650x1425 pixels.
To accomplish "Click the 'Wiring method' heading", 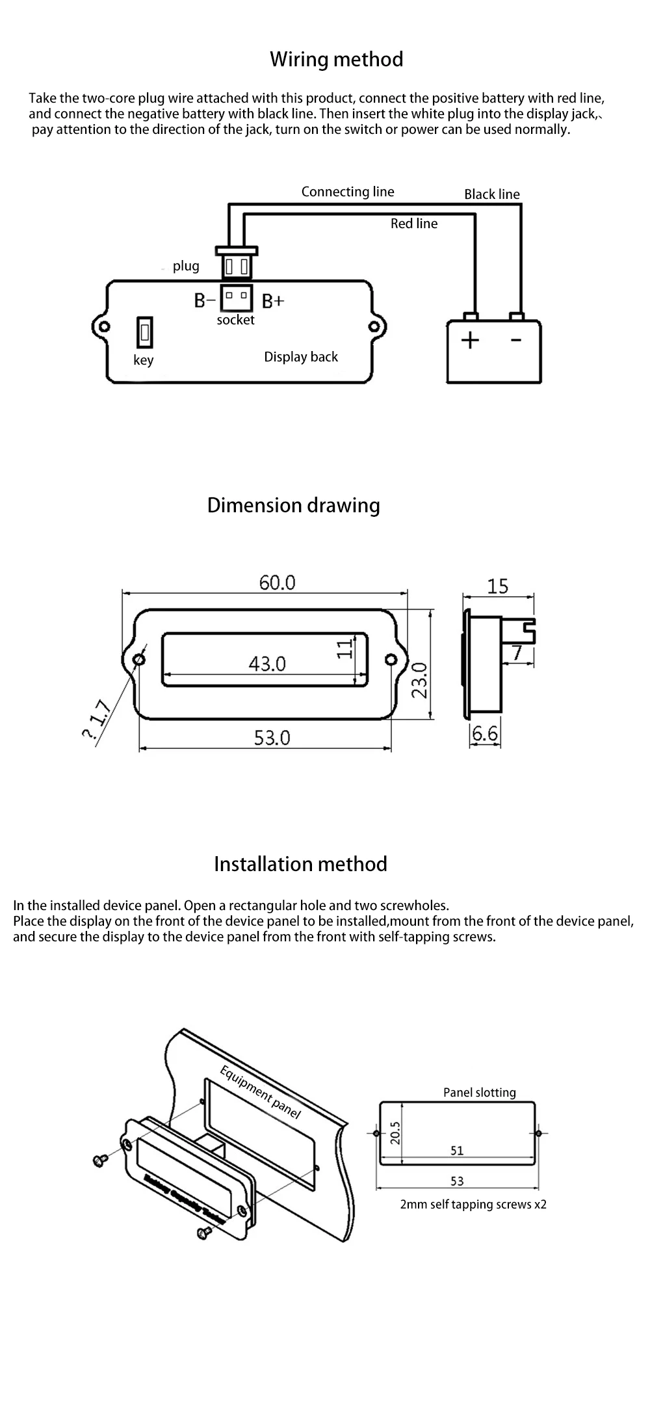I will coord(336,59).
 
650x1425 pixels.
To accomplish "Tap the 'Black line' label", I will coord(491,194).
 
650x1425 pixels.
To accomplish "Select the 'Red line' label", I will coord(413,224).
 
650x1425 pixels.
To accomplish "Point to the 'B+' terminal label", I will coord(273,301).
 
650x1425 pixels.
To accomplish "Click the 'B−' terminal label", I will coord(204,300).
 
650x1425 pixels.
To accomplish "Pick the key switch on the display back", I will coord(145,333).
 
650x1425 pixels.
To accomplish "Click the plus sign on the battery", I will coord(470,340).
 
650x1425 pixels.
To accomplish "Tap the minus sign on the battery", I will coord(516,339).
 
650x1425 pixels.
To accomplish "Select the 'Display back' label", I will coord(301,357).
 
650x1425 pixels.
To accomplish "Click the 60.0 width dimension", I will coord(277,582).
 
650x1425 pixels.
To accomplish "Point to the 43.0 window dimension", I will coord(267,664).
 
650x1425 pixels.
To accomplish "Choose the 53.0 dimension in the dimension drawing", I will coord(272,738).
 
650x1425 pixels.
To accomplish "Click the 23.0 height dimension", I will coord(419,680).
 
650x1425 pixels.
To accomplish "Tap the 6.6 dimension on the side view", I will coord(484,734).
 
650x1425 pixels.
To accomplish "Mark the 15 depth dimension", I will coord(497,586).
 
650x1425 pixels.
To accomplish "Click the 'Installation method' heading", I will coord(300,864).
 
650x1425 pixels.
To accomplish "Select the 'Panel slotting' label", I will coord(479,1093).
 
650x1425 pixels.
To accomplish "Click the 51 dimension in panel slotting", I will coord(457,1151).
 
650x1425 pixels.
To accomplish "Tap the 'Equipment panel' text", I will coord(261,1093).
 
